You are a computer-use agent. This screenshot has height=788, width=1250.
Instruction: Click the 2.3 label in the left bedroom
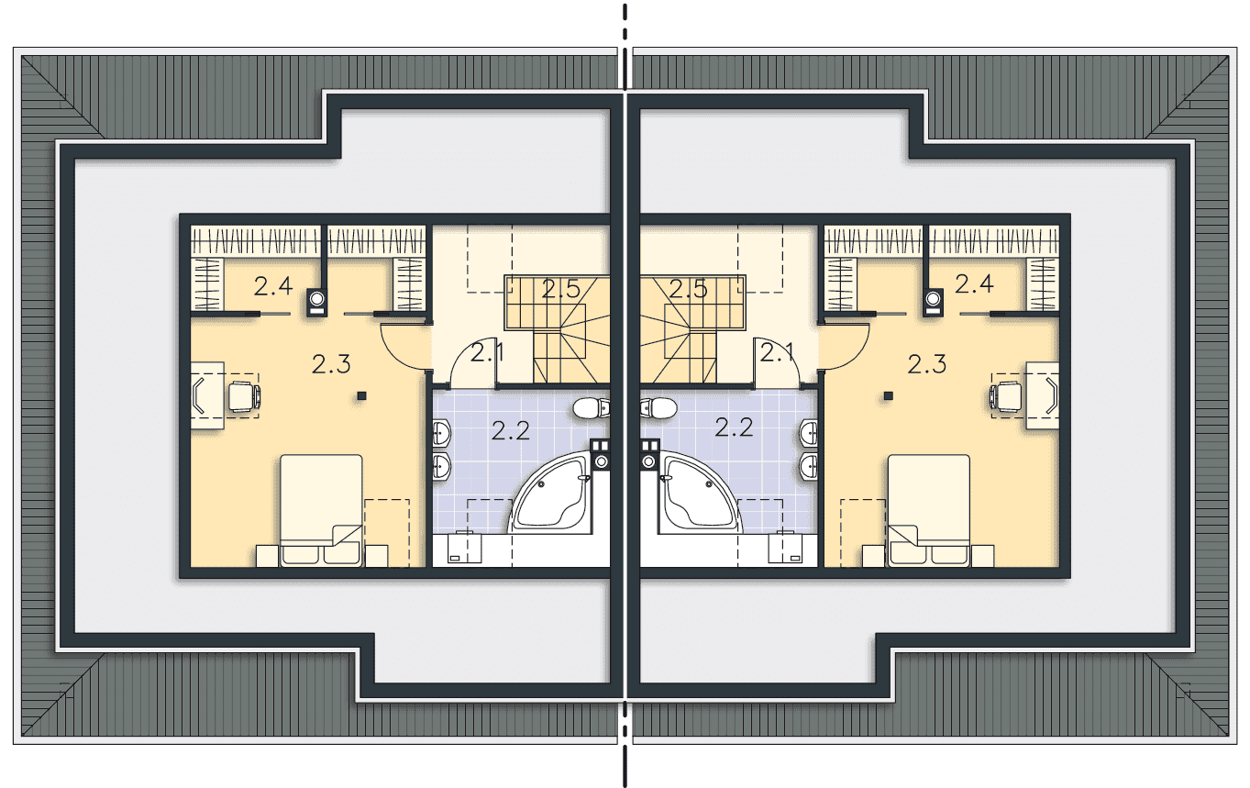click(331, 364)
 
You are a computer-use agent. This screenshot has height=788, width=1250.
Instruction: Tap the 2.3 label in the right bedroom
click(926, 364)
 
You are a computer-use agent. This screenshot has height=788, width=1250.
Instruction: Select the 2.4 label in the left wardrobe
click(273, 286)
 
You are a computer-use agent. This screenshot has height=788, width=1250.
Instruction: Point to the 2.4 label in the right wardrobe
click(974, 284)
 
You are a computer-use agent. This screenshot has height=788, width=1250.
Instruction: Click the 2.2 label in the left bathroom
click(510, 431)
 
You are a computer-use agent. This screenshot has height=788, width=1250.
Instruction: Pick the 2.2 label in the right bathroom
click(734, 427)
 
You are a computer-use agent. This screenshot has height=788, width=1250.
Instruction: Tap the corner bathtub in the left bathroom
click(549, 494)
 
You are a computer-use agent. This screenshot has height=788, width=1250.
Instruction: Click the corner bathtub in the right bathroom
click(701, 494)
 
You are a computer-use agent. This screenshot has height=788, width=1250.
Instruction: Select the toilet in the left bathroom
click(591, 408)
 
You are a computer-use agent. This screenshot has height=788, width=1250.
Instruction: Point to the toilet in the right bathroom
click(658, 408)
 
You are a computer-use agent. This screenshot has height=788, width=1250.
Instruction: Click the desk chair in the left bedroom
click(245, 396)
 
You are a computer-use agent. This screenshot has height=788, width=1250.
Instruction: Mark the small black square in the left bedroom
click(361, 396)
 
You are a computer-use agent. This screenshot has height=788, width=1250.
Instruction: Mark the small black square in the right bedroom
click(889, 396)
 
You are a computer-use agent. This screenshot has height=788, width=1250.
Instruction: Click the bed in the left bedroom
click(321, 510)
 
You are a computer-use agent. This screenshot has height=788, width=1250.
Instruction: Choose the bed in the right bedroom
click(929, 510)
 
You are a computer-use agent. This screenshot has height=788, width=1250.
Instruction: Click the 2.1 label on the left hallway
click(487, 353)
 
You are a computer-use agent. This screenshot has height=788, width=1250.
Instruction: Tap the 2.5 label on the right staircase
click(688, 289)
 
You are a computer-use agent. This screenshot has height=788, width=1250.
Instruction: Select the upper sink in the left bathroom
click(441, 433)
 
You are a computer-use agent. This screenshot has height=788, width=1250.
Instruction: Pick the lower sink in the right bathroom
click(809, 467)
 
